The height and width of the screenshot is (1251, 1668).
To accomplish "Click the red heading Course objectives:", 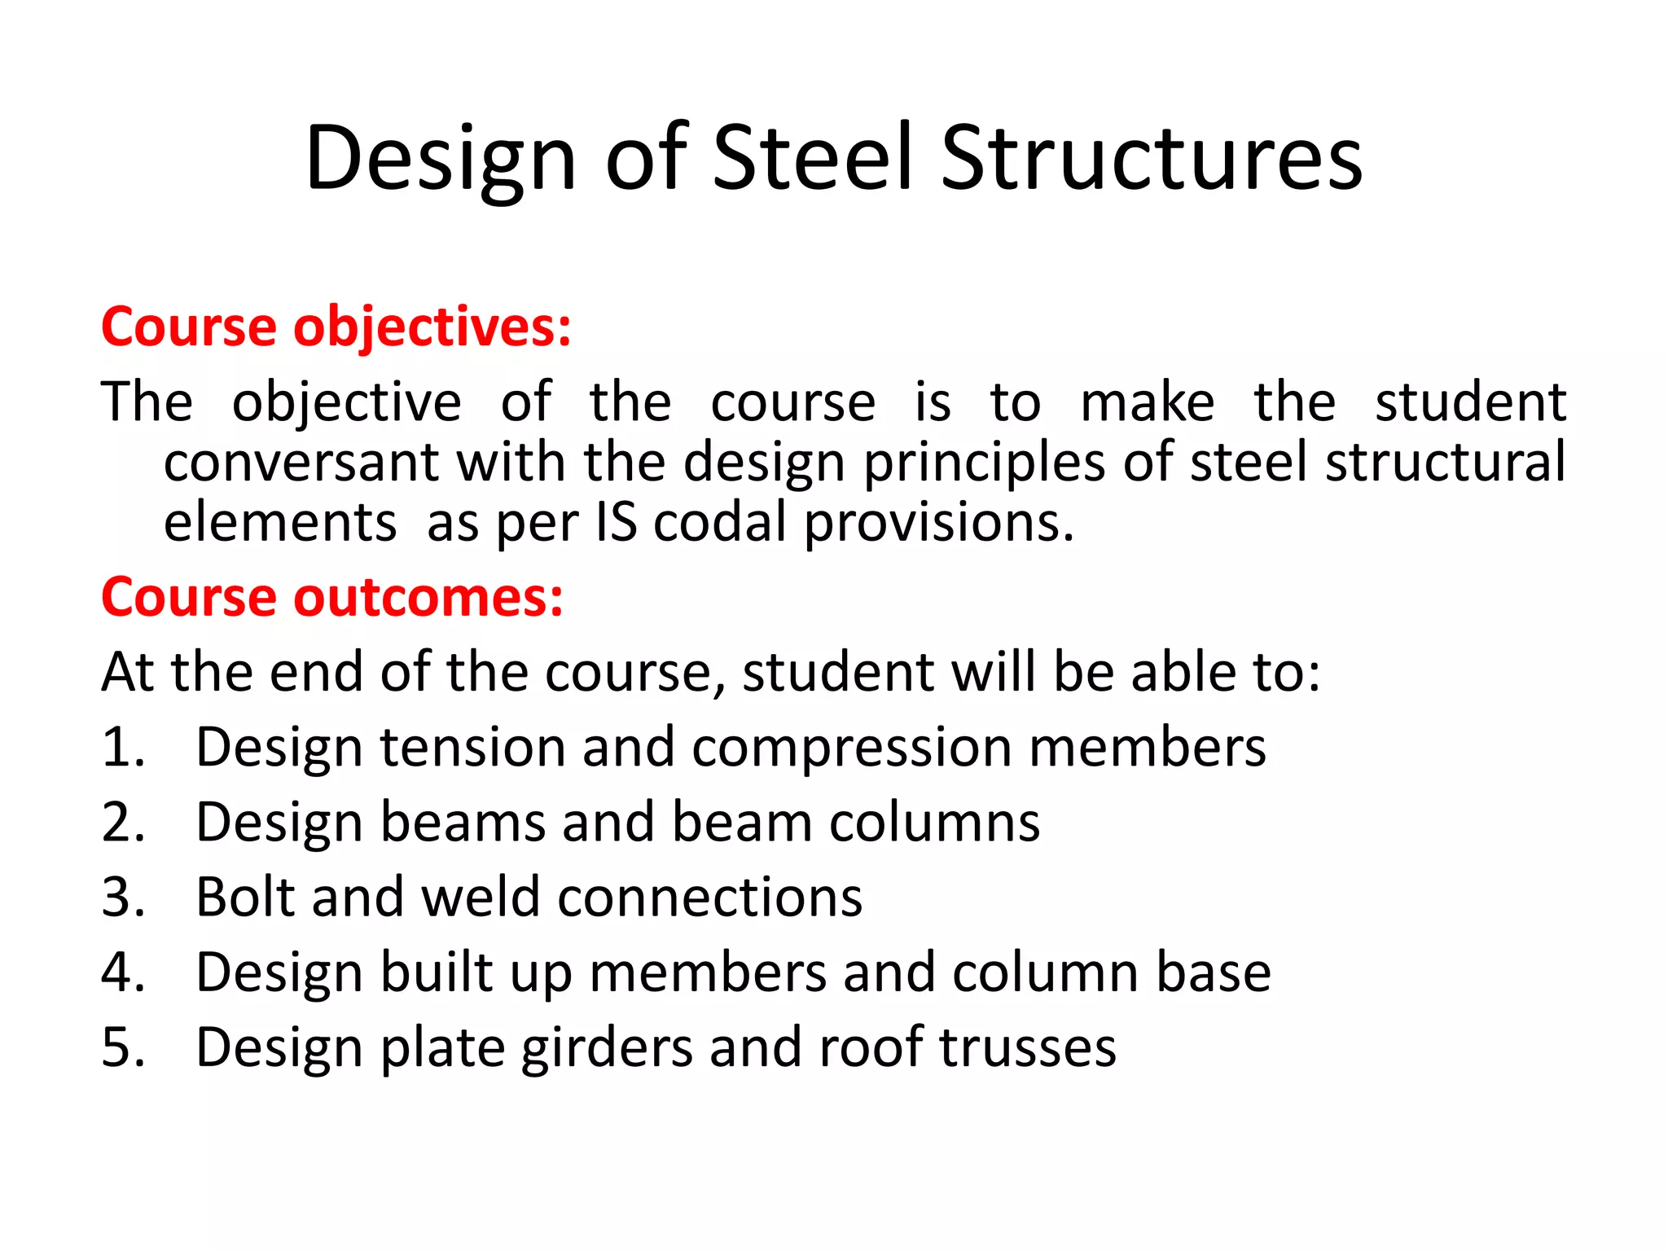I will (336, 327).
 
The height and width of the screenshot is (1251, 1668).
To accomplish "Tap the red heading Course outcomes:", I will (331, 598).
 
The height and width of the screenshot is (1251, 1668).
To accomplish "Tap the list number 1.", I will (122, 748).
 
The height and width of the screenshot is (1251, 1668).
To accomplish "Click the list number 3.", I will (122, 898).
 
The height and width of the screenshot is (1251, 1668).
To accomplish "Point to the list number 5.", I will (122, 1047).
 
